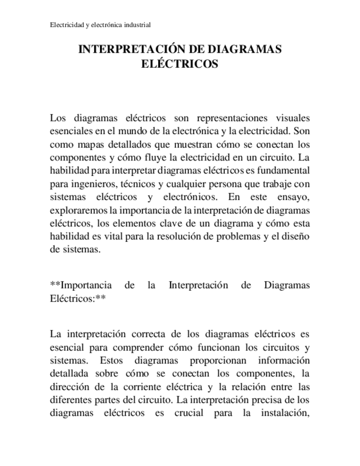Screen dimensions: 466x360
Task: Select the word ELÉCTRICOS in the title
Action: pos(180,64)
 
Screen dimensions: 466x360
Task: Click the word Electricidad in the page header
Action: pos(67,25)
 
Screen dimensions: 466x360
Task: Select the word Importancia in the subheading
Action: pos(86,285)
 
